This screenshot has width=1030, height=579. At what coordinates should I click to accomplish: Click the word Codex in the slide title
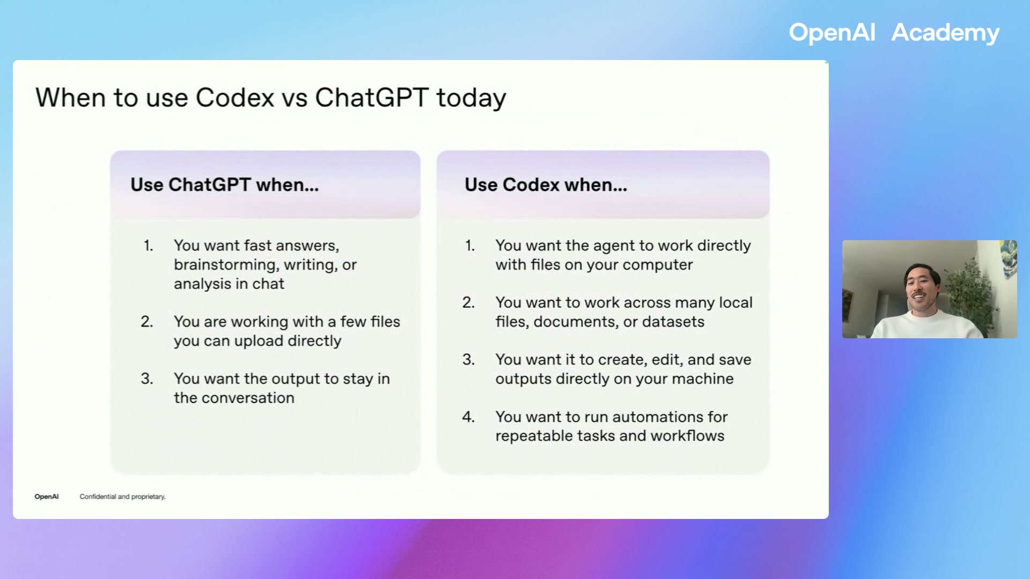pyautogui.click(x=234, y=98)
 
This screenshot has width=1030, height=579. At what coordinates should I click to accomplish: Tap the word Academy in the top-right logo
pyautogui.click(x=945, y=33)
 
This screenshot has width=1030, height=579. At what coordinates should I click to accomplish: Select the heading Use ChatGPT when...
pyautogui.click(x=224, y=185)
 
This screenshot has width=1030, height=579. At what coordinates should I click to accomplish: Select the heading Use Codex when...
pyautogui.click(x=546, y=185)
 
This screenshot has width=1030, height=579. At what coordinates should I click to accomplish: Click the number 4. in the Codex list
pyautogui.click(x=468, y=417)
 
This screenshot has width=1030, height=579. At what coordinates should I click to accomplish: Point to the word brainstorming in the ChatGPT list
pyautogui.click(x=225, y=265)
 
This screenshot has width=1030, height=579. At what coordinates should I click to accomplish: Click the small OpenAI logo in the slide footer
pyautogui.click(x=47, y=497)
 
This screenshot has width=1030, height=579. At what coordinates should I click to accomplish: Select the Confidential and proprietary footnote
pyautogui.click(x=122, y=497)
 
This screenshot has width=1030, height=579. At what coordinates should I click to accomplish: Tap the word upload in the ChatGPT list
pyautogui.click(x=259, y=342)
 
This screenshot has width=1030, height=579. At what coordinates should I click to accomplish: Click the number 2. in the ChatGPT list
pyautogui.click(x=147, y=322)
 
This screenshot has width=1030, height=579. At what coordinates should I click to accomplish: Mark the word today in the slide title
pyautogui.click(x=470, y=98)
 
